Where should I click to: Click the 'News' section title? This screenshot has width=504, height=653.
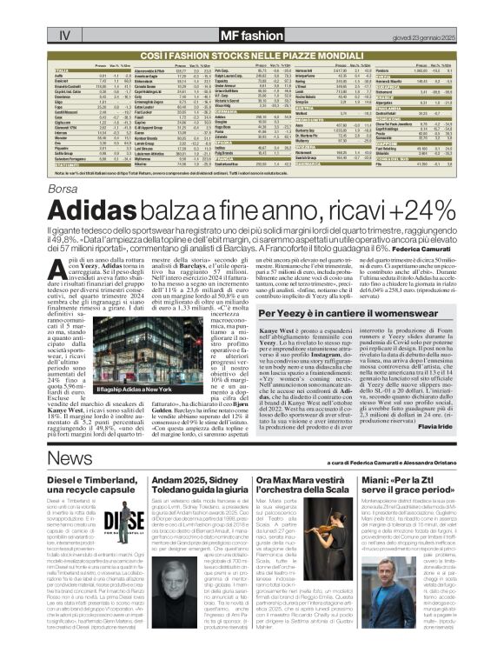coord(70,458)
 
